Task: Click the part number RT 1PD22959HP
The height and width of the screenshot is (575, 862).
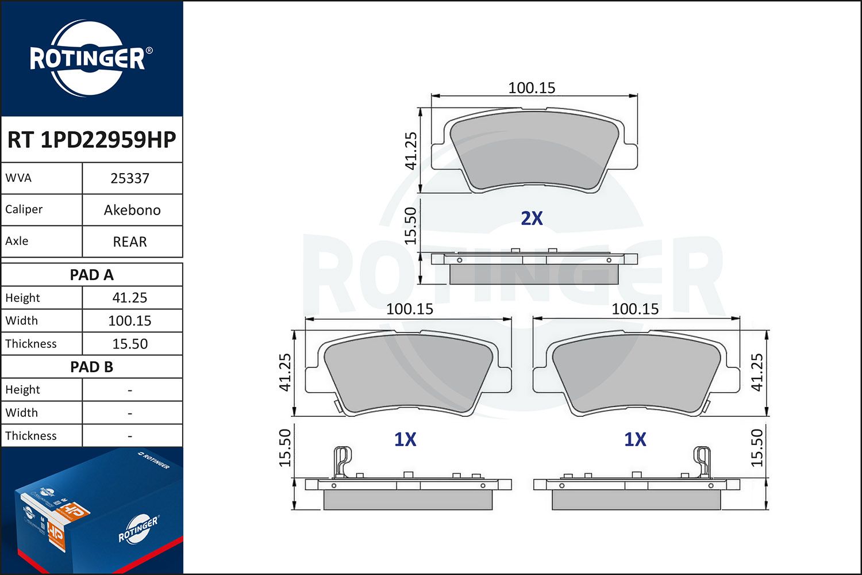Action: pos(91,139)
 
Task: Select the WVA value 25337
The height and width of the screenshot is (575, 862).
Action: pos(130,178)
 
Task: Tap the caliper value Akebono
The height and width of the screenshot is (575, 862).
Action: pos(132,210)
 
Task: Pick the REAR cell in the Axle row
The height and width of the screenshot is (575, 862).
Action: pos(130,242)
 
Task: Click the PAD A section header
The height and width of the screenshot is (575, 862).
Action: pos(91,275)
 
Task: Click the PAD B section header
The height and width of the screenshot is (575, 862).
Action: pos(91,367)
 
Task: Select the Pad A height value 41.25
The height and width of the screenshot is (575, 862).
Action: pos(130,298)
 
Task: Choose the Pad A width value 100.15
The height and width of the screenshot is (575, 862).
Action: pos(130,321)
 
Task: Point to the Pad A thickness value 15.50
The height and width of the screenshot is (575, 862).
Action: pos(130,344)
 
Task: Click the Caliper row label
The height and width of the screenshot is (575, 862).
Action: pos(24,209)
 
